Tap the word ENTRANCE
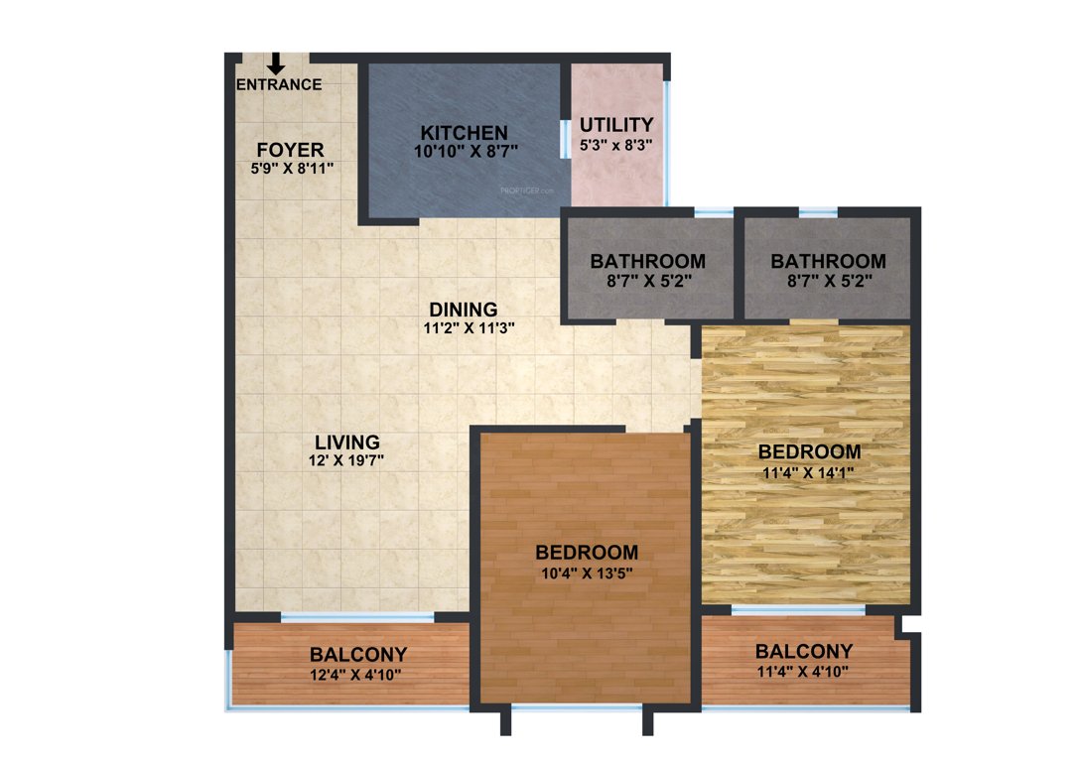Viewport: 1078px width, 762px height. click(279, 84)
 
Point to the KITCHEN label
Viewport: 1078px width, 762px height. click(464, 133)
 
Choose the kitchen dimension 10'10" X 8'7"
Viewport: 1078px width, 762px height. click(464, 151)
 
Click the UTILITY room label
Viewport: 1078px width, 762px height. click(616, 125)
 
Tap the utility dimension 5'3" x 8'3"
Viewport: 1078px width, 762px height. click(616, 144)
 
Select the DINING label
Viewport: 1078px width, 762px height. click(464, 310)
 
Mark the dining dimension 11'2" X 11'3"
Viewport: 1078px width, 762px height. click(464, 327)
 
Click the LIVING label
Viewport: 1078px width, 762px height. click(346, 443)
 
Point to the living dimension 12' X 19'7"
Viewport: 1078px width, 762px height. click(346, 460)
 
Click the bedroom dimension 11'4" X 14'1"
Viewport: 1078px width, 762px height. click(809, 472)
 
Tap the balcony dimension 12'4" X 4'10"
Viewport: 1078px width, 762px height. click(357, 674)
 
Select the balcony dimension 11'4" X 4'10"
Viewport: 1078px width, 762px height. click(803, 671)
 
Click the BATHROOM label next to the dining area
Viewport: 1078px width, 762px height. click(647, 262)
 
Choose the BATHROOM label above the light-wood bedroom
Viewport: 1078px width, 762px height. click(828, 262)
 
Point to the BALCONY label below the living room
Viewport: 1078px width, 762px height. click(357, 655)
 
